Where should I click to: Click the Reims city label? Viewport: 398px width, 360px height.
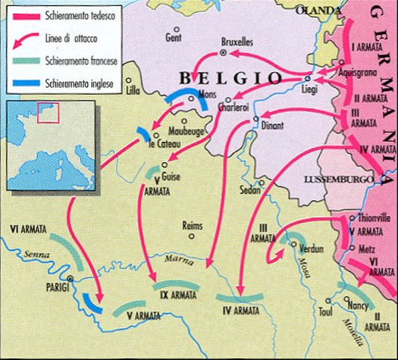tap(194, 225)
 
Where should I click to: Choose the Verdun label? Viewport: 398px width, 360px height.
tap(311, 249)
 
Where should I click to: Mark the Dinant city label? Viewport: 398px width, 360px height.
tap(272, 128)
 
